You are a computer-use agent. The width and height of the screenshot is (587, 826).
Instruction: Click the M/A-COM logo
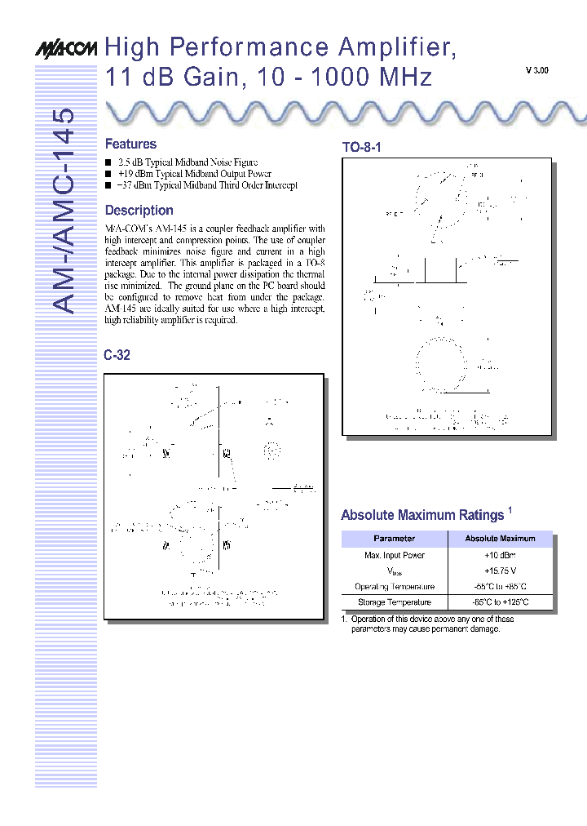pyautogui.click(x=65, y=49)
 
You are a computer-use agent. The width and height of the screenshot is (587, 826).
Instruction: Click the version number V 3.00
pyautogui.click(x=536, y=71)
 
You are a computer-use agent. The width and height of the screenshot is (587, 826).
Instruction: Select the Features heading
pyautogui.click(x=130, y=144)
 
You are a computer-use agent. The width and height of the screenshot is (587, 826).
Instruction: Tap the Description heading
pyautogui.click(x=139, y=211)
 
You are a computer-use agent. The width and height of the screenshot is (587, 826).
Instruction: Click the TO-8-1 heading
pyautogui.click(x=361, y=148)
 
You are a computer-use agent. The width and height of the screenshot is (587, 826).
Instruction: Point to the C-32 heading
pyautogui.click(x=117, y=355)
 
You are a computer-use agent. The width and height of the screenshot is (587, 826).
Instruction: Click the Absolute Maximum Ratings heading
pyautogui.click(x=422, y=515)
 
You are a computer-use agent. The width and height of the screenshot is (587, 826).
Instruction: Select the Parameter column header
pyautogui.click(x=394, y=539)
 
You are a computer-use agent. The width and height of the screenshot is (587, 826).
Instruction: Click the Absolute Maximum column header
pyautogui.click(x=500, y=539)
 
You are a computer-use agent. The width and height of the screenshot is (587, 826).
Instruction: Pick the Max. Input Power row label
pyautogui.click(x=394, y=555)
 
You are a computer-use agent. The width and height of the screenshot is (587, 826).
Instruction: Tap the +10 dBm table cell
pyautogui.click(x=500, y=555)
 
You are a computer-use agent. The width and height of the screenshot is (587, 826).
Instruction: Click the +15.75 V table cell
pyautogui.click(x=500, y=571)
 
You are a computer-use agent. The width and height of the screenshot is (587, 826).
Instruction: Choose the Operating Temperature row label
pyautogui.click(x=394, y=587)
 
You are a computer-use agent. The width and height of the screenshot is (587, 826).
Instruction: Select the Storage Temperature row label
pyautogui.click(x=394, y=602)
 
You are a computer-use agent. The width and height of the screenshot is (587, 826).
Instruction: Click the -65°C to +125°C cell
pyautogui.click(x=500, y=602)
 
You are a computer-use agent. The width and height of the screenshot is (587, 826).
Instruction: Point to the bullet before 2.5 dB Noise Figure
pyautogui.click(x=108, y=162)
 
